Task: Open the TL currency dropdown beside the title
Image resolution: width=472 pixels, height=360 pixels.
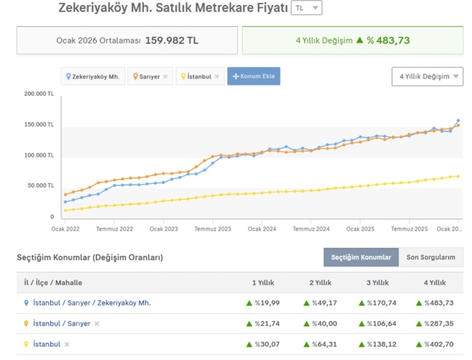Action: (306, 8)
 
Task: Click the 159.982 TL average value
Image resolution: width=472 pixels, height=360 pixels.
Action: (171, 41)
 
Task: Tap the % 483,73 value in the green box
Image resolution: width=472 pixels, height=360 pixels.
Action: (388, 41)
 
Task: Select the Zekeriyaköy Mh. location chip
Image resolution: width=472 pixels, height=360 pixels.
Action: (93, 76)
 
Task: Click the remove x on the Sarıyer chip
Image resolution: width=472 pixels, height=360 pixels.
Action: (165, 76)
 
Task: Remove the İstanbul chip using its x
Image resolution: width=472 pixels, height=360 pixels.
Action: (217, 76)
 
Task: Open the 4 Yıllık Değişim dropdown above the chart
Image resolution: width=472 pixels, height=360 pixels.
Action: (427, 76)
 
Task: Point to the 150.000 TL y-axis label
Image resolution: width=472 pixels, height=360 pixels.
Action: (39, 125)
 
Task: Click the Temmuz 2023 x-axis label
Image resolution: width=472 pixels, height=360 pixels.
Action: (213, 229)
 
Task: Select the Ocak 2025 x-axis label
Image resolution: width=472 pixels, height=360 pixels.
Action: (360, 229)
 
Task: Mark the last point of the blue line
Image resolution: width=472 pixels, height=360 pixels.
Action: (458, 121)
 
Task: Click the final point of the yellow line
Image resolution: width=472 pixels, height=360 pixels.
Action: (458, 176)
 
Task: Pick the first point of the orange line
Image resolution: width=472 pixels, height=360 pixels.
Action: (65, 195)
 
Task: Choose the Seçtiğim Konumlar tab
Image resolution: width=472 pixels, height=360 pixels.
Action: (361, 257)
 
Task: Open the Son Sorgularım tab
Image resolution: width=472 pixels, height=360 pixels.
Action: (431, 257)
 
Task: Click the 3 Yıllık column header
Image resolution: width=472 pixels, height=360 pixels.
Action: (378, 283)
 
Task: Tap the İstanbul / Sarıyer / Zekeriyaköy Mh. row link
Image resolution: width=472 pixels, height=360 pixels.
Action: (92, 303)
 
